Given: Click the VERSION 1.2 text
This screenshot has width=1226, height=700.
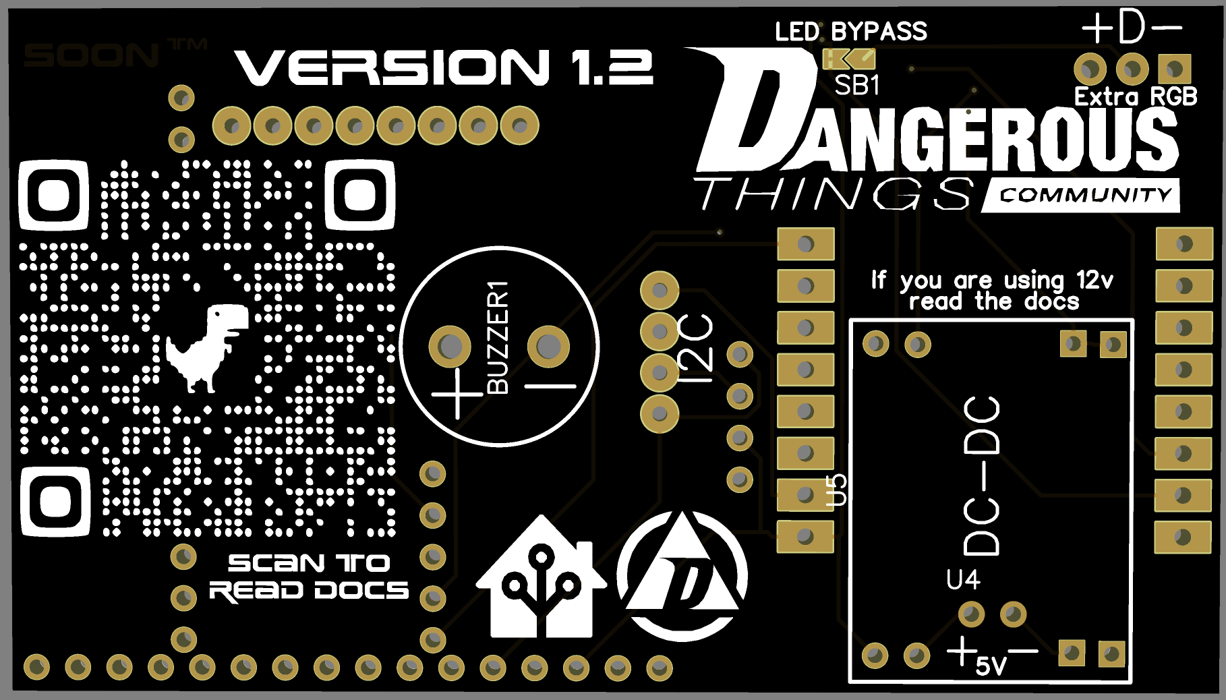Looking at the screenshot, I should point(444,67).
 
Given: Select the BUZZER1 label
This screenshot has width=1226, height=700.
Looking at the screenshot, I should point(498,337).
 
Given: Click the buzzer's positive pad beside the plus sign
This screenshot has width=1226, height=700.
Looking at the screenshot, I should point(450,347).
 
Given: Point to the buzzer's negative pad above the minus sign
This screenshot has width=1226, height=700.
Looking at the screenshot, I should point(548,347).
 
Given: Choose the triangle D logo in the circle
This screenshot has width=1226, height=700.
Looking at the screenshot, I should point(682,577).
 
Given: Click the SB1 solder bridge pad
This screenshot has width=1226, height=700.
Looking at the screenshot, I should point(848,60).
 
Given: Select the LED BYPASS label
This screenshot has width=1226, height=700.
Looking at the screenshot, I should point(851,32).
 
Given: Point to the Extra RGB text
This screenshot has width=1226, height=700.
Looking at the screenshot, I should point(1136,97).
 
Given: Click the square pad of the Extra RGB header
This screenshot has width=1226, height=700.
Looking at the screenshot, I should point(1174,69).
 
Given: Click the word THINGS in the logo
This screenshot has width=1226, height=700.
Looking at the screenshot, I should point(834,194).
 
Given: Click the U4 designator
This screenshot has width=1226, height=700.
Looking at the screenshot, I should point(963,580).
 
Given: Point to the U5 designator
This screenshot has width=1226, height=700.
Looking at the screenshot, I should point(836,490).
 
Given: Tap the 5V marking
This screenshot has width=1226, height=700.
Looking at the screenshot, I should point(991,666).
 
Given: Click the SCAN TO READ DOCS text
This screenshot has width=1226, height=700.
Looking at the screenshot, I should point(309,577).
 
